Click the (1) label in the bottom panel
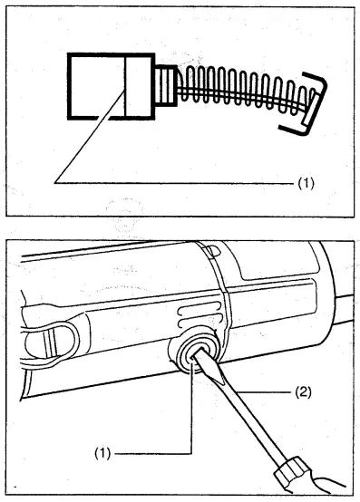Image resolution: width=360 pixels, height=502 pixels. pyautogui.click(x=102, y=454)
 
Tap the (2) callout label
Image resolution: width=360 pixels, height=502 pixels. pyautogui.click(x=303, y=391)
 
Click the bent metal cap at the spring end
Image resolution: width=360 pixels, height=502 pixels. pyautogui.click(x=305, y=106)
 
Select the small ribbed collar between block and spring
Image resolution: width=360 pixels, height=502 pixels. pyautogui.click(x=166, y=85)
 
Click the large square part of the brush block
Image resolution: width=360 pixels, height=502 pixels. pyautogui.click(x=96, y=86)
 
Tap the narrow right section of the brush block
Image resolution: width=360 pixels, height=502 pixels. pyautogui.click(x=140, y=86)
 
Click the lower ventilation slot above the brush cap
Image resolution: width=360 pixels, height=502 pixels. pyautogui.click(x=199, y=321)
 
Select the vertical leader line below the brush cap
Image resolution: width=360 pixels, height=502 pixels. pyautogui.click(x=191, y=408)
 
